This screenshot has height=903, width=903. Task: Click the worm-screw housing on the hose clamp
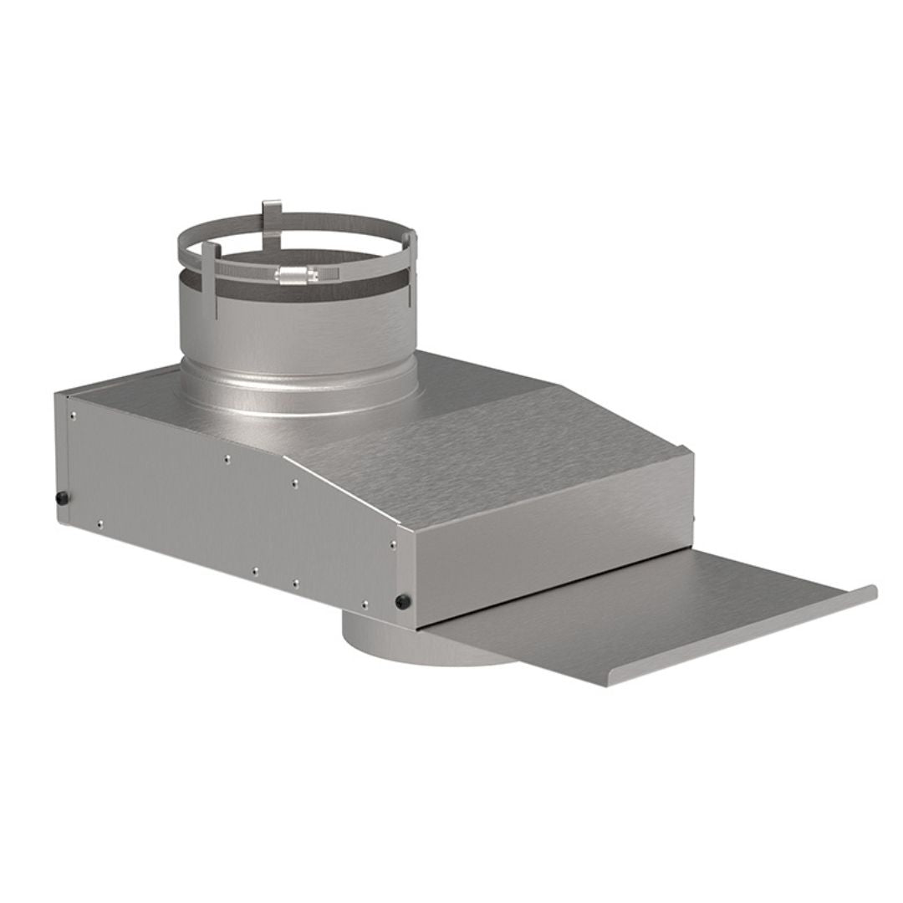pyautogui.click(x=294, y=273)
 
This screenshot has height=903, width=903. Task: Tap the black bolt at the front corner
pyautogui.click(x=404, y=600)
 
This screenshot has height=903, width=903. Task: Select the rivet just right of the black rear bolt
pyautogui.click(x=99, y=523)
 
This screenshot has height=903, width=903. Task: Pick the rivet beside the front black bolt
pyautogui.click(x=365, y=603)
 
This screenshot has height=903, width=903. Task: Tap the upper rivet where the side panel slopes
pyautogui.click(x=294, y=483)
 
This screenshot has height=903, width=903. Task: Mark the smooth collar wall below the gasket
pyautogui.click(x=297, y=334)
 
